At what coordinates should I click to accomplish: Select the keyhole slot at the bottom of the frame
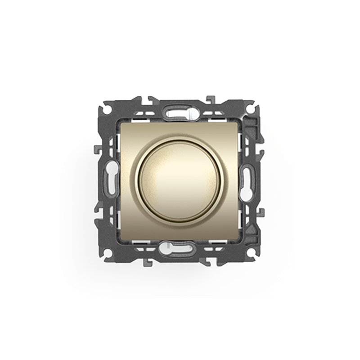180,248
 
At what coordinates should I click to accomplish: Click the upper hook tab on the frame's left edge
98,148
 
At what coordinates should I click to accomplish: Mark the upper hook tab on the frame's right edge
262,148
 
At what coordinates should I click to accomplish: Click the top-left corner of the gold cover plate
121,122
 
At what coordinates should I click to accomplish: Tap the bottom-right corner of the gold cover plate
239,239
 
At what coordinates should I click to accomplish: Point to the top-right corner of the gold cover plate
239,122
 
